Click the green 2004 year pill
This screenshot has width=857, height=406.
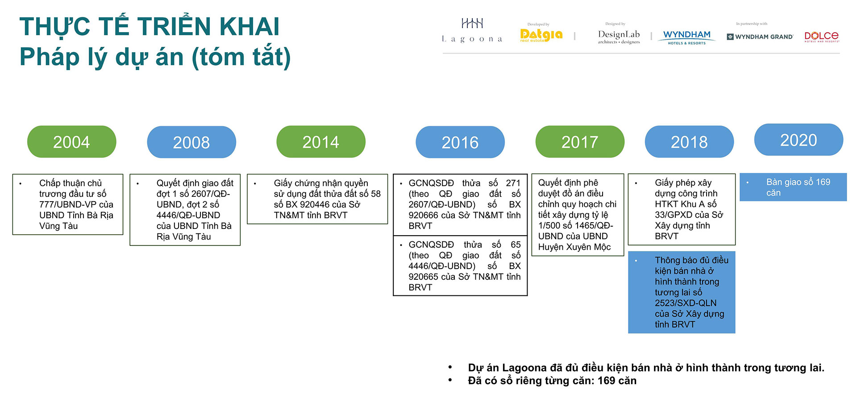[x=71, y=142]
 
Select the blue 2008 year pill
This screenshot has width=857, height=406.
[x=191, y=142]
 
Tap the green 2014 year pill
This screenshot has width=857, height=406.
[x=320, y=142]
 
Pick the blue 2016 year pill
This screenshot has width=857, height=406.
[x=460, y=142]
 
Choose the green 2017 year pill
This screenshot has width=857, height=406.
[x=579, y=142]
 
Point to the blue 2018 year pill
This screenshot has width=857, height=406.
[x=689, y=142]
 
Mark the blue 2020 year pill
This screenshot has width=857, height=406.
[x=798, y=140]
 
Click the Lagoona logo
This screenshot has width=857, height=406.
[x=472, y=31]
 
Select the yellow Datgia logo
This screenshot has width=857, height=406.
[x=541, y=35]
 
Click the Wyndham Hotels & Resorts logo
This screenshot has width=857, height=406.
[x=686, y=37]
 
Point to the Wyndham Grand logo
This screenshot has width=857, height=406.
[x=760, y=37]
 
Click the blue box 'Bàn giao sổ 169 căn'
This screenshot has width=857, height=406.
[x=793, y=187]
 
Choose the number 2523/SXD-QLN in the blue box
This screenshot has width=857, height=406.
[x=685, y=303]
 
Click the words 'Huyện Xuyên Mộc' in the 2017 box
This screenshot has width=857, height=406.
[x=574, y=247]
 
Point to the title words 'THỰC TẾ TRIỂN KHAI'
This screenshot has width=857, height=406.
[x=149, y=27]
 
